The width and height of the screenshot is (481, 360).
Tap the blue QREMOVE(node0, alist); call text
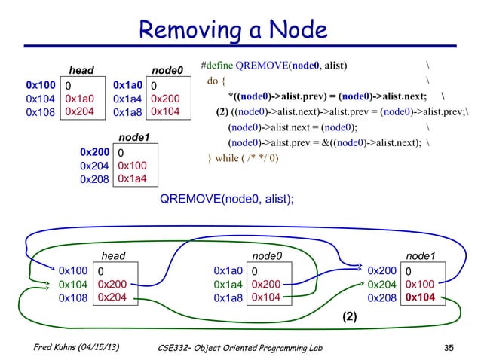click(x=225, y=198)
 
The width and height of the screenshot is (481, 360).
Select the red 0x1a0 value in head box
click(x=80, y=98)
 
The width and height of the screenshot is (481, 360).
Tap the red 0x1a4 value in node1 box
click(x=133, y=178)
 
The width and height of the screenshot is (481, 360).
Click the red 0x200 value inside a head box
click(x=112, y=284)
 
